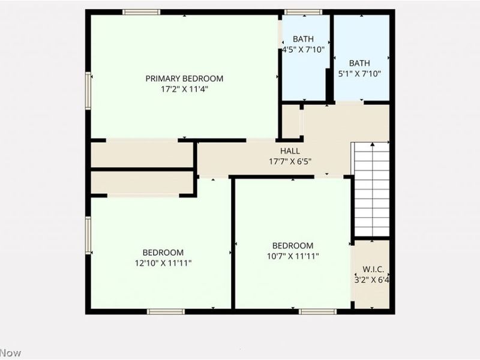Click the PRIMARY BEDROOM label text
(184, 79)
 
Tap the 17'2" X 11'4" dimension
(184, 89)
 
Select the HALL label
(290, 151)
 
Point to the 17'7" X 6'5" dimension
(290, 161)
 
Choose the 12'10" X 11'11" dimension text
(163, 263)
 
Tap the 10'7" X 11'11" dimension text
(292, 256)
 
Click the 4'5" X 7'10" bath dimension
(304, 50)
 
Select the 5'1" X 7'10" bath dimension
(359, 74)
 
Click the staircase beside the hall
(371, 189)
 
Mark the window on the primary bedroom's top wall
(141, 12)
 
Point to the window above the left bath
(303, 12)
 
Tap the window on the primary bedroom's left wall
(88, 91)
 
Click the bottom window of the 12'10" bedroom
(166, 311)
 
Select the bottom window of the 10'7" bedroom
(317, 311)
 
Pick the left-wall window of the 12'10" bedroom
(88, 235)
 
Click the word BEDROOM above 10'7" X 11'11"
(292, 246)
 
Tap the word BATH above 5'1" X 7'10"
(359, 63)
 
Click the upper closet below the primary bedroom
(142, 155)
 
